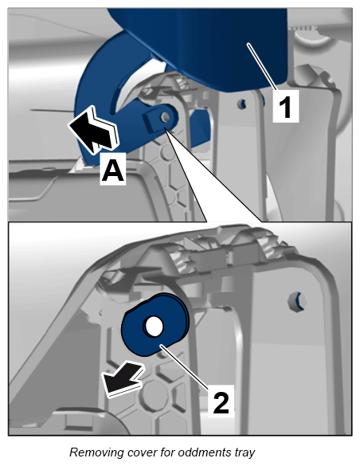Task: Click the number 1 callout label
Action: click(x=285, y=106)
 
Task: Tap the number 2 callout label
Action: click(x=221, y=401)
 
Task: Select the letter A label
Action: click(x=112, y=169)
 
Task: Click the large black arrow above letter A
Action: click(x=93, y=130)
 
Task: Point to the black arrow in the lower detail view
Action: click(x=123, y=379)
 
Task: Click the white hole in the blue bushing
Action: click(x=153, y=326)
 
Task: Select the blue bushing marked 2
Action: click(x=155, y=324)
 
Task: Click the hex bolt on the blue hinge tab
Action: click(x=164, y=117)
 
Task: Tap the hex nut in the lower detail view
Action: click(x=297, y=301)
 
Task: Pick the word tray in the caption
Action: click(x=244, y=452)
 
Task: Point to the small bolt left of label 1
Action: click(x=241, y=103)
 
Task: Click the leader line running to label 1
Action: click(x=263, y=66)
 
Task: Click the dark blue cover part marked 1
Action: click(x=205, y=45)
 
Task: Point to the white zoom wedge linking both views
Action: click(x=208, y=184)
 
